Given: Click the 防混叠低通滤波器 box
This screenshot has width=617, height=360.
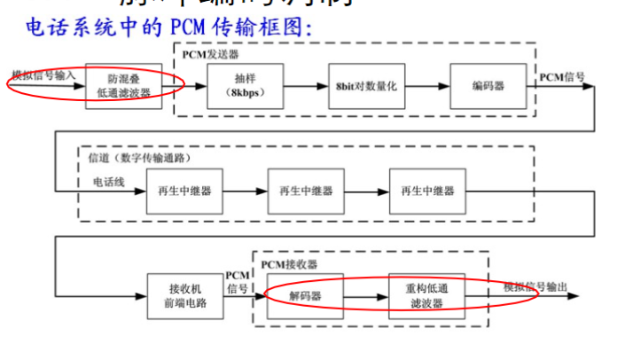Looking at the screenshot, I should pyautogui.click(x=124, y=86).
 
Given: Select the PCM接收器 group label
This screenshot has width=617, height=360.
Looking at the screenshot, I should pyautogui.click(x=289, y=263).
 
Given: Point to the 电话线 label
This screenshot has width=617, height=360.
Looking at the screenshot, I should pyautogui.click(x=111, y=180).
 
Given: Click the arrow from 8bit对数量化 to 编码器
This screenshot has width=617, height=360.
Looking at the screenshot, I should pyautogui.click(x=422, y=86).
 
